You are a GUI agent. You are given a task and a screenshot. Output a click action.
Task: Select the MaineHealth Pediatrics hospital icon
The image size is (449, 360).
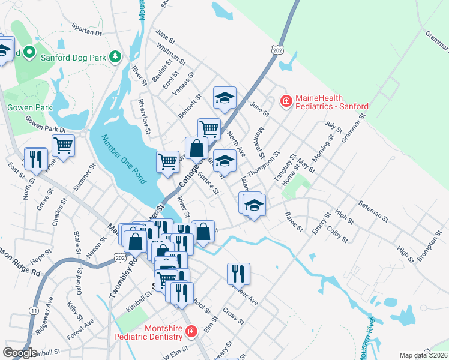286,101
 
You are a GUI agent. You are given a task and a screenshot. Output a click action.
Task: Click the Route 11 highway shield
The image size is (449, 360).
34,310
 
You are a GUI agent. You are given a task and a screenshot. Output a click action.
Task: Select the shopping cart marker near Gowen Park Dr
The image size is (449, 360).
63,145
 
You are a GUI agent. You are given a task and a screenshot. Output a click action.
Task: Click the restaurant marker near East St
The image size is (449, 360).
36,158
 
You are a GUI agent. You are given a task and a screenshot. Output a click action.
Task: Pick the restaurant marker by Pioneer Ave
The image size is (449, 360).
238,273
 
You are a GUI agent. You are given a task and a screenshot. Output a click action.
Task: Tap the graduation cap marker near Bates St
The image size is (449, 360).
253,206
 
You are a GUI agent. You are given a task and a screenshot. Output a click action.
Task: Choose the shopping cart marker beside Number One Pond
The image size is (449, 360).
167,161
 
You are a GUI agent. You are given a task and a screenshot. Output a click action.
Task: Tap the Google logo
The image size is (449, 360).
19,353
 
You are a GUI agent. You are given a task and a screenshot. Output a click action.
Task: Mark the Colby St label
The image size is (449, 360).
337,235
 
